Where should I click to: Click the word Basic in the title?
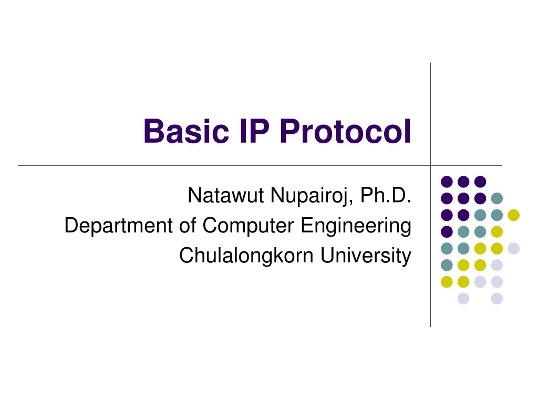[x=187, y=131]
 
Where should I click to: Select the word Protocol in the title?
[x=346, y=131]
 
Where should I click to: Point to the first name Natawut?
[x=226, y=195]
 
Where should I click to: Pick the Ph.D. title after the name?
[x=386, y=195]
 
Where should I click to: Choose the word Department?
[x=118, y=226]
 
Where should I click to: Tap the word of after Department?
[x=188, y=226]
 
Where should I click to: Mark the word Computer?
[x=248, y=226]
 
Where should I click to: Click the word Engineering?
[x=356, y=226]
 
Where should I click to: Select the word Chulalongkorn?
[x=246, y=256]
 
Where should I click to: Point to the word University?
[x=366, y=256]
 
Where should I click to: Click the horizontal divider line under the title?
[x=260, y=166]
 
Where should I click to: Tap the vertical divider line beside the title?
[x=430, y=195]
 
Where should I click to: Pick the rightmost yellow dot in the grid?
[x=514, y=215]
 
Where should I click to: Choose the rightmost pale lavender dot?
[x=514, y=248]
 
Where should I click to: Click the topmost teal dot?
[x=497, y=198]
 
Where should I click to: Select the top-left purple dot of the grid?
[x=447, y=182]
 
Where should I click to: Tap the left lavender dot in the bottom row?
[x=463, y=299]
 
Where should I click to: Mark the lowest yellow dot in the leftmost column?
[x=447, y=282]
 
